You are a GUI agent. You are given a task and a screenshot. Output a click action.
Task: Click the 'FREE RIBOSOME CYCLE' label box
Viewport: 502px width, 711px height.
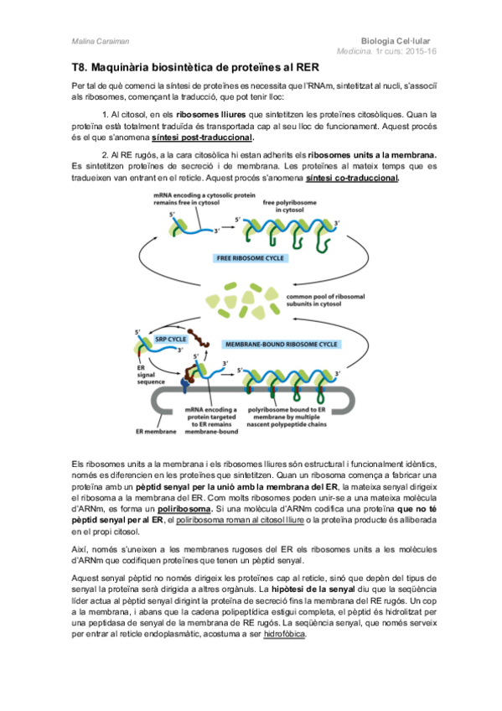[x=248, y=258]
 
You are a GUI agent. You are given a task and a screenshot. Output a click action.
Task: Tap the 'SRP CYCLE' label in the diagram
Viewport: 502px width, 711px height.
[x=171, y=339]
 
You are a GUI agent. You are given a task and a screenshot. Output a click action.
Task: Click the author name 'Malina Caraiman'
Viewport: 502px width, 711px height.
[x=92, y=40]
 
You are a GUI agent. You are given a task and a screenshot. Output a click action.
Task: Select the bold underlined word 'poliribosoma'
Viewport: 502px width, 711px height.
[x=185, y=509]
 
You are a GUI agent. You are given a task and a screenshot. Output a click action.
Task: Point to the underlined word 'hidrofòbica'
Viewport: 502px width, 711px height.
[x=286, y=635]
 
